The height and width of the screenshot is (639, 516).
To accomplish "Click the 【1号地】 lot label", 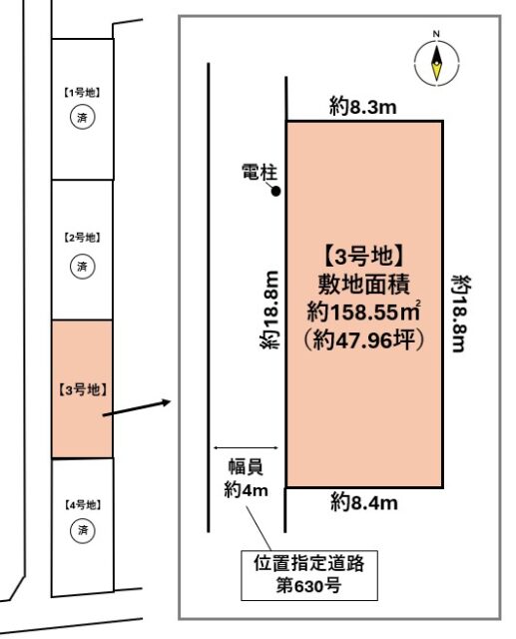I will [84, 92].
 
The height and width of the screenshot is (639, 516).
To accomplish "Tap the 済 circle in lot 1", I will [84, 117].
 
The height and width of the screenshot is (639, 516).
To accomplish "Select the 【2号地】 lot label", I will [84, 238].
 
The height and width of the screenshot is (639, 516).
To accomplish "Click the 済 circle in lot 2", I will [84, 266].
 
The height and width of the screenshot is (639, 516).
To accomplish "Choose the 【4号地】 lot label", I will [84, 504].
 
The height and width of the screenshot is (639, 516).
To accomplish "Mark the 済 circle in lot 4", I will [84, 530].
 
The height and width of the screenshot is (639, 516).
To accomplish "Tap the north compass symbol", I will [437, 60].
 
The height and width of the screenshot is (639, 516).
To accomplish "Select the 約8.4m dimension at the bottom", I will [364, 502].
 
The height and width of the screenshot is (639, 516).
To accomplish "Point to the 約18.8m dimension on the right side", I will [460, 314].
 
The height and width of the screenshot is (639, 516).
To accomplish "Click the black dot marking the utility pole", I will [276, 191].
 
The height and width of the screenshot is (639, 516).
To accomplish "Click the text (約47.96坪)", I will [364, 338].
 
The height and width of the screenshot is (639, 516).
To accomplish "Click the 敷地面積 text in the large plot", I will [364, 283].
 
